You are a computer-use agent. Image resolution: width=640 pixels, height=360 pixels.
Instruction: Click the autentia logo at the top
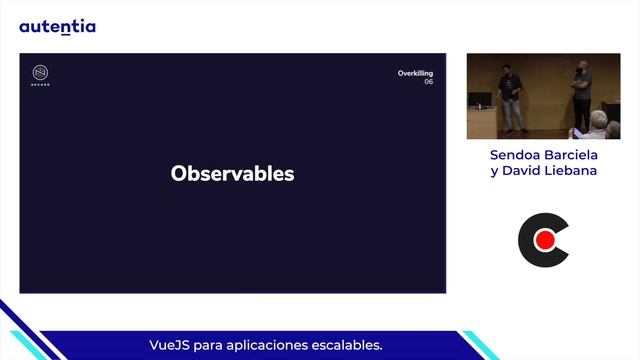57,26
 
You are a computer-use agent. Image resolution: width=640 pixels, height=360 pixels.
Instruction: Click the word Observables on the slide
232,174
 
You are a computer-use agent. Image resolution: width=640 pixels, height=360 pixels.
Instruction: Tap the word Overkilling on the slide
415,73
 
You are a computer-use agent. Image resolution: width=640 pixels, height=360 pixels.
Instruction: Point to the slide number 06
428,82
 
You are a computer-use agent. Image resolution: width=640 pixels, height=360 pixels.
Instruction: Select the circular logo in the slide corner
41,74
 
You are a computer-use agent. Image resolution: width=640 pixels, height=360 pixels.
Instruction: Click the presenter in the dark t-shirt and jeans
512,97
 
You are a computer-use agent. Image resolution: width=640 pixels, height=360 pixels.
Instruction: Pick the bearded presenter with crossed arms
581,95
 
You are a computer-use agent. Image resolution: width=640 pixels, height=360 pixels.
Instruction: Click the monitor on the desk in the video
482,100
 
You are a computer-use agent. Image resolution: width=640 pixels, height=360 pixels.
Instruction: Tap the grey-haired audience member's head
597,121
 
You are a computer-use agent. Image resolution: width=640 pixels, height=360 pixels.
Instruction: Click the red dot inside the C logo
545,240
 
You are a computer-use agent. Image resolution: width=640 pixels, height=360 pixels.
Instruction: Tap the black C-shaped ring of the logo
525,240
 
